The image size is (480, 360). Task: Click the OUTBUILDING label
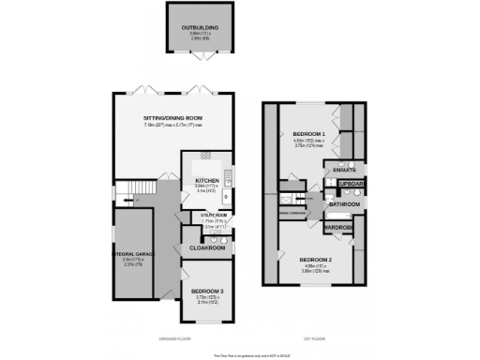click(x=200, y=28)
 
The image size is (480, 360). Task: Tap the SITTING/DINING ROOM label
click(x=173, y=117)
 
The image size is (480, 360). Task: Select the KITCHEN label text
click(x=206, y=180)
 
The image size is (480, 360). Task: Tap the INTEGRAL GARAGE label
click(x=134, y=254)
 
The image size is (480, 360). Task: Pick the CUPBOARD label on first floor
click(x=351, y=184)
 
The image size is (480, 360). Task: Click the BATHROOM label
click(x=344, y=203)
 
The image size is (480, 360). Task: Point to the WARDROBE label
click(x=338, y=228)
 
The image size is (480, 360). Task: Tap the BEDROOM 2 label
click(x=316, y=259)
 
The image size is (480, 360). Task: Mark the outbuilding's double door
click(x=200, y=59)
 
